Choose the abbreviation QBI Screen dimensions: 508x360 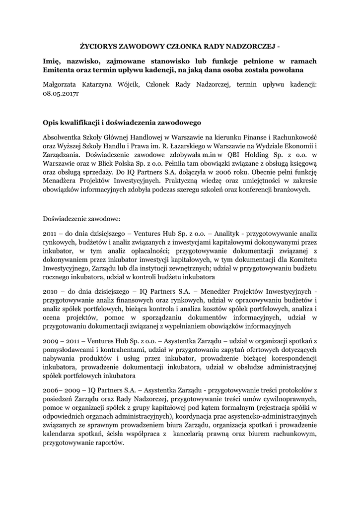pos(224,155)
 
